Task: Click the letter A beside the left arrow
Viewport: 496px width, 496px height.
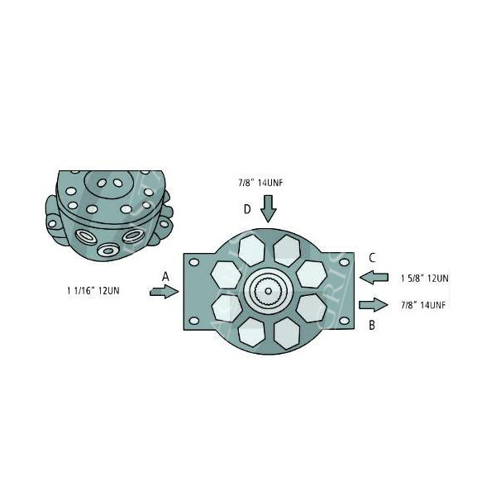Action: [165, 275]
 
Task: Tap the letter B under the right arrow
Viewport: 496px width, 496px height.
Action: [372, 325]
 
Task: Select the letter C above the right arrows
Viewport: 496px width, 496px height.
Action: [373, 257]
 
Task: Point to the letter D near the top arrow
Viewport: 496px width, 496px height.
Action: [246, 209]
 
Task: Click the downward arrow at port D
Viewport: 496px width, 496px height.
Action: [268, 208]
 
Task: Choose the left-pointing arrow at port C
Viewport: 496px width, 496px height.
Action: [375, 276]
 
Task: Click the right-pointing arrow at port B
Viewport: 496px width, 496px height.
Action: [374, 304]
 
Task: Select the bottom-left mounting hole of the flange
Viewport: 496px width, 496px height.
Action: [194, 321]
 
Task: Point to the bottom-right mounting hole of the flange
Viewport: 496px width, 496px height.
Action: [341, 321]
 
